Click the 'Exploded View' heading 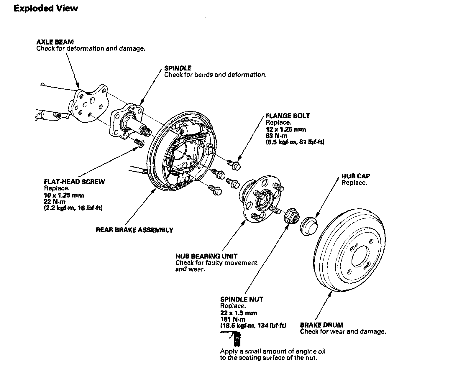click(x=46, y=9)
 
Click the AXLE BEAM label click(x=55, y=42)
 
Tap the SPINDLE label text click(x=178, y=68)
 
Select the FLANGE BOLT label click(x=288, y=116)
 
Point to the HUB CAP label click(x=356, y=176)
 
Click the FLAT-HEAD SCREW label click(x=74, y=182)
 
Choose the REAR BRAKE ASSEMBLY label click(x=134, y=230)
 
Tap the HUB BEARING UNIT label click(x=206, y=256)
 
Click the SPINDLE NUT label click(x=242, y=299)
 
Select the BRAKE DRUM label click(x=321, y=325)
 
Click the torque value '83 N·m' click(x=276, y=136)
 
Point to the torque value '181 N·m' click(x=233, y=319)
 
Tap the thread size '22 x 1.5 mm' click(x=239, y=313)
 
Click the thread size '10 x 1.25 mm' click(x=64, y=195)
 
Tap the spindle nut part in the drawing click(x=292, y=216)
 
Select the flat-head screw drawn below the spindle click(x=139, y=142)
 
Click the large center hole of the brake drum click(x=360, y=256)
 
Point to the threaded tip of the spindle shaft click(x=147, y=131)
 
